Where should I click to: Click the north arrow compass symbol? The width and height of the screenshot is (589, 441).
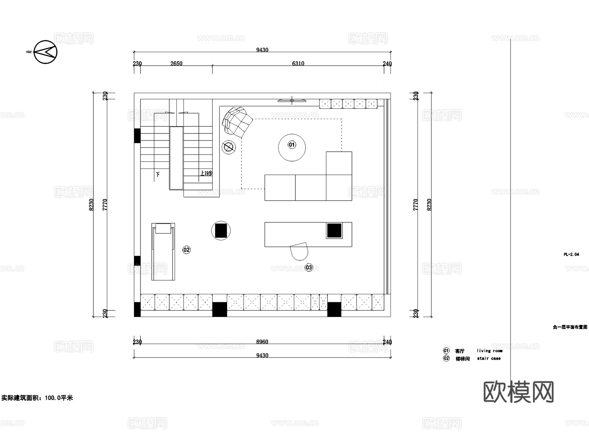[45, 52]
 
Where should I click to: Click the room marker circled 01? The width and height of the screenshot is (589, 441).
[292, 145]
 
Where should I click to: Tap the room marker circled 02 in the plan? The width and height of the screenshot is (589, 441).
[186, 250]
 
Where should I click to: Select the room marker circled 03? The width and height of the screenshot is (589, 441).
[309, 267]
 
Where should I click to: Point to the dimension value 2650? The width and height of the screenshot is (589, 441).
[176, 64]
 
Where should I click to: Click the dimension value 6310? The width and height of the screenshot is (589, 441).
[298, 64]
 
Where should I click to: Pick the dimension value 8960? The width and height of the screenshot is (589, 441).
[262, 342]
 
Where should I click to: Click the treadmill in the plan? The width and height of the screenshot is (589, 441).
[163, 251]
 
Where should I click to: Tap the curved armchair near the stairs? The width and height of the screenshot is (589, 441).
[237, 121]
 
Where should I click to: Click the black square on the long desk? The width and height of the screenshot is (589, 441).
[334, 230]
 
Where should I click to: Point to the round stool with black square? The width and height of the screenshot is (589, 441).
[221, 230]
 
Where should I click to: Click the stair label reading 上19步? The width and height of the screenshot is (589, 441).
[206, 173]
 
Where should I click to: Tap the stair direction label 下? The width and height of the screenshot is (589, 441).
[158, 175]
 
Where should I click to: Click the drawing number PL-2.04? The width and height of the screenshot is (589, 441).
[571, 254]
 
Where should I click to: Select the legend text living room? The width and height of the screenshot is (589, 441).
[489, 351]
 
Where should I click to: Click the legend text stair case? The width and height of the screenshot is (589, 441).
[489, 358]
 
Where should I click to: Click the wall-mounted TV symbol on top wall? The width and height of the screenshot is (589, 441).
[292, 101]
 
